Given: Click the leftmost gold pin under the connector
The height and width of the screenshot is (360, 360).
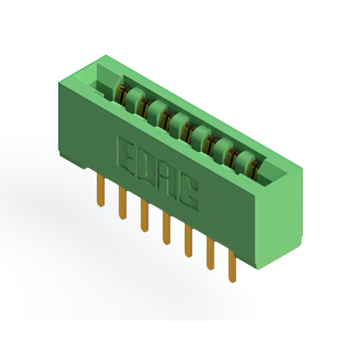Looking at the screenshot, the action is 101,190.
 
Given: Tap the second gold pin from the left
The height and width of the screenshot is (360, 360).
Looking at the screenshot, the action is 123,202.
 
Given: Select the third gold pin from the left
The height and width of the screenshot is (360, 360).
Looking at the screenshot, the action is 144,215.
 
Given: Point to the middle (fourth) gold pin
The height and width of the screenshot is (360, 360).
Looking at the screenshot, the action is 166,228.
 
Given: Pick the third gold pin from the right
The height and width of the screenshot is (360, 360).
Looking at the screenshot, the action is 188,241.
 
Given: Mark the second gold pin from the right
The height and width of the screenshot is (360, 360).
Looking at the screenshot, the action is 210,253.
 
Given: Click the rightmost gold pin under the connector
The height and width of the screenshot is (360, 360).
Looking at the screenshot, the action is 232,266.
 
